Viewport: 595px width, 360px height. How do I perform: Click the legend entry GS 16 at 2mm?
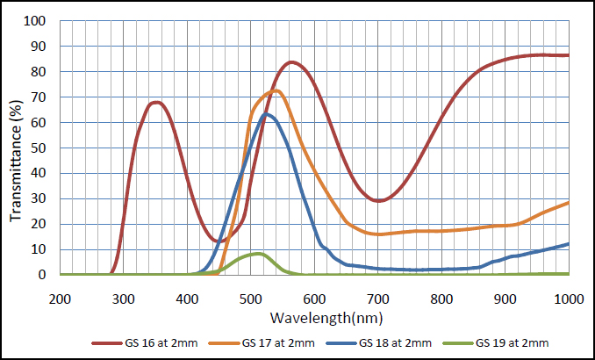(x=145, y=343)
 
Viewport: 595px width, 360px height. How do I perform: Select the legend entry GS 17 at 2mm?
(x=262, y=343)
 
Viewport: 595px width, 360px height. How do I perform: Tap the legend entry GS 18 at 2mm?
(x=379, y=343)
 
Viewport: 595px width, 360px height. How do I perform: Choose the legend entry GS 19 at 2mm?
(x=496, y=343)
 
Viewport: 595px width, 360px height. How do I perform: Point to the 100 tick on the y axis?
(x=34, y=21)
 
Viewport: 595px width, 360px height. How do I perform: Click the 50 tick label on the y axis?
(x=39, y=148)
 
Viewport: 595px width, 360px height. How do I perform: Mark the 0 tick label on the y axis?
(x=42, y=275)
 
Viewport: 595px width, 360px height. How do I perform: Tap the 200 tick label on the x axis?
(x=60, y=299)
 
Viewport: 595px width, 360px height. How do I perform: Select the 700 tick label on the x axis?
(x=378, y=299)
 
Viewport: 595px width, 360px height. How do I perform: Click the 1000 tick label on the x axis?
(x=569, y=299)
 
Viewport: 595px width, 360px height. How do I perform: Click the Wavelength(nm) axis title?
(x=326, y=318)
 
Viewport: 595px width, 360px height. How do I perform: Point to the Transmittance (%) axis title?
(x=16, y=161)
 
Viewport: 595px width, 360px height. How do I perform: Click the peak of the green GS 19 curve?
(x=258, y=254)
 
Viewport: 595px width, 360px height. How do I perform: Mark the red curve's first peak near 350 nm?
(x=155, y=102)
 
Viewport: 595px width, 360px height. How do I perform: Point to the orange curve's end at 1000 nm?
(x=569, y=203)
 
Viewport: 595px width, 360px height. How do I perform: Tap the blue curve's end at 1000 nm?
(x=569, y=244)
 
